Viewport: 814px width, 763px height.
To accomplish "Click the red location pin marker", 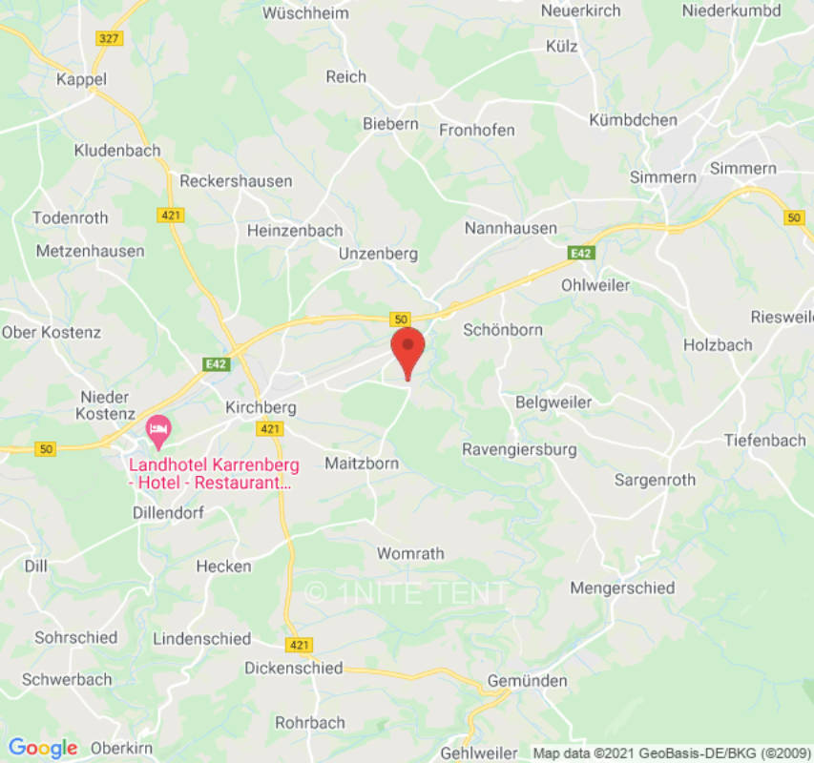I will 408,350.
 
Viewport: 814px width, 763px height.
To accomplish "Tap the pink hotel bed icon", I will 157,430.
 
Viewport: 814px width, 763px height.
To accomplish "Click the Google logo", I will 43,748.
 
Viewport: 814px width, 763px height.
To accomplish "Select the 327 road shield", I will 110,37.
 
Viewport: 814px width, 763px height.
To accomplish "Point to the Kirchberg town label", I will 261,407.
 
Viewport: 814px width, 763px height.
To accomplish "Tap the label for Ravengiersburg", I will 518,448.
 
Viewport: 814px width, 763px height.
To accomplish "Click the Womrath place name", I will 410,553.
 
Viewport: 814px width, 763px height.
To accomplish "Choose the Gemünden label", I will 527,681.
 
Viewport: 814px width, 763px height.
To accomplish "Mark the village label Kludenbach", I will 117,150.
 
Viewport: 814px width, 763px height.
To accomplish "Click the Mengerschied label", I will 622,588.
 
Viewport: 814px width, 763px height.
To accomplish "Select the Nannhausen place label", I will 511,228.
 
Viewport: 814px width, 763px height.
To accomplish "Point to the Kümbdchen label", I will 633,120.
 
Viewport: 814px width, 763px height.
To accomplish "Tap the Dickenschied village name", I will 293,668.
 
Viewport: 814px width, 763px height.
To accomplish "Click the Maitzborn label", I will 362,464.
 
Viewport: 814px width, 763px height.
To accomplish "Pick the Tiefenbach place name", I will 764,440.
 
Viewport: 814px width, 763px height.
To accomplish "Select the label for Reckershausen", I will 236,180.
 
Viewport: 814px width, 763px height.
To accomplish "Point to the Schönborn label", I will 502,330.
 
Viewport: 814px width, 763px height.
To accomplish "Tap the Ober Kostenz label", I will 52,332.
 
